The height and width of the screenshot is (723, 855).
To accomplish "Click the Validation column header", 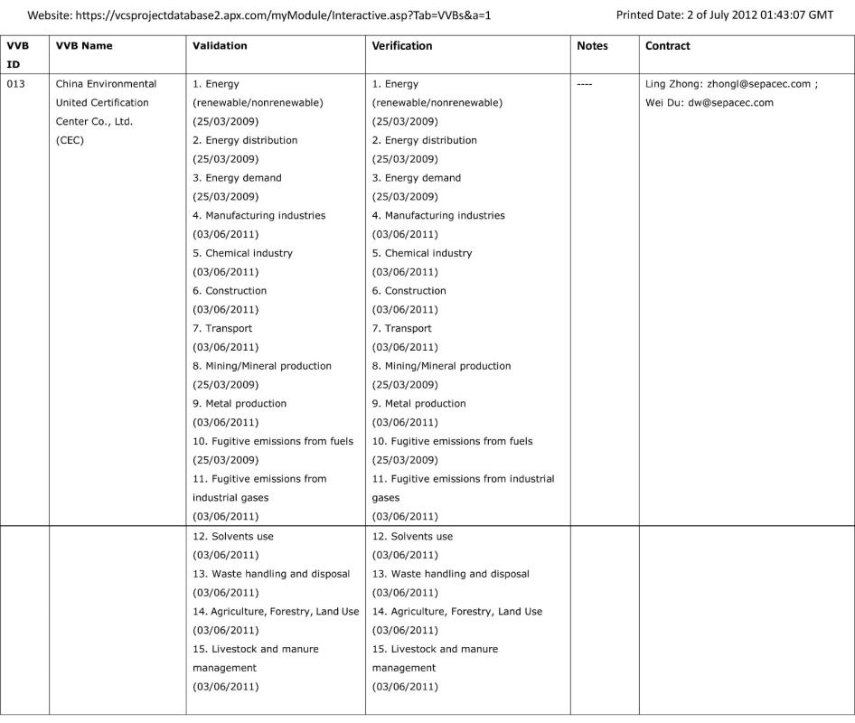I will [x=220, y=45].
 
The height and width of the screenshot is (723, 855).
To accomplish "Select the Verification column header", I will [x=402, y=45].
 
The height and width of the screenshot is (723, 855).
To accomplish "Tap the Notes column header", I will [x=592, y=45].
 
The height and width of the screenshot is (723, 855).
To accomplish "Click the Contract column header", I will [x=668, y=45].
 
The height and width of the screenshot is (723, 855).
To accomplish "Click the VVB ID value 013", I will [x=16, y=84].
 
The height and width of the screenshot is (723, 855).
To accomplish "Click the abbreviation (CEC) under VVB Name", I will [x=70, y=140].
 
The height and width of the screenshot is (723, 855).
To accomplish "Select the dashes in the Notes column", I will [x=585, y=84].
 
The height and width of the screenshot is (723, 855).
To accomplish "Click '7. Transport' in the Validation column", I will [x=222, y=328].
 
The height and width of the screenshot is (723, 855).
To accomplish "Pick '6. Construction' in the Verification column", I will [x=409, y=291].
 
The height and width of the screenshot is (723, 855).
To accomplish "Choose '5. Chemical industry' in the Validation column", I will [x=242, y=253].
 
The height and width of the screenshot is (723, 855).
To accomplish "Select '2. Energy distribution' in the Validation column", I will [x=245, y=140].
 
